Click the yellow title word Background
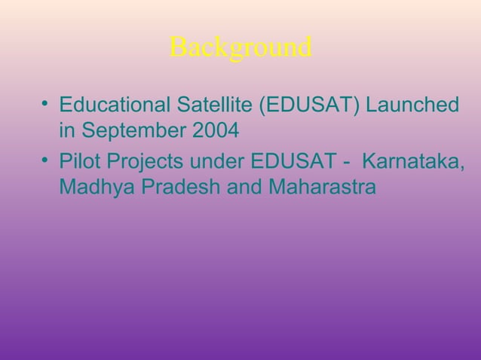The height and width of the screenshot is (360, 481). [240, 47]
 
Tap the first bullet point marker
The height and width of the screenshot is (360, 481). [46, 102]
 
